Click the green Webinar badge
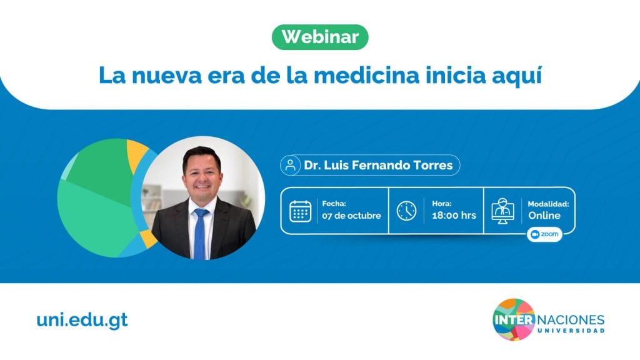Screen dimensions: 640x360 [x=320, y=37]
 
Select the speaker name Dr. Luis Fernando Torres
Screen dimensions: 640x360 [x=378, y=165]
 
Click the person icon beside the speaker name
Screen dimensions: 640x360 [x=290, y=165]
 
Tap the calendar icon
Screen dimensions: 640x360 [x=301, y=211]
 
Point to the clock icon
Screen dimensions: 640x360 [x=406, y=211]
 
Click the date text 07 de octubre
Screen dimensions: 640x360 [x=351, y=216]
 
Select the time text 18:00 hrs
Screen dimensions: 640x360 [x=454, y=216]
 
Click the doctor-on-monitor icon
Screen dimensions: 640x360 [x=503, y=211]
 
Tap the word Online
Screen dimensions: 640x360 [x=544, y=216]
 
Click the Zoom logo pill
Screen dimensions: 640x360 [x=544, y=234]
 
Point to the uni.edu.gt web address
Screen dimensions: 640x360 [x=82, y=321]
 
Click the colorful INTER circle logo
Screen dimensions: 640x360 [x=514, y=319]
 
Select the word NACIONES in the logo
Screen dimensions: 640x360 [x=571, y=319]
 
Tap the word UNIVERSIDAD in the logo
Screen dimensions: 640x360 [x=571, y=331]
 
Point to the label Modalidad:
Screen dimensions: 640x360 [x=548, y=204]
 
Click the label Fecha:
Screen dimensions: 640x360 [x=334, y=204]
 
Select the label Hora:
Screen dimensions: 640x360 [x=442, y=204]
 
